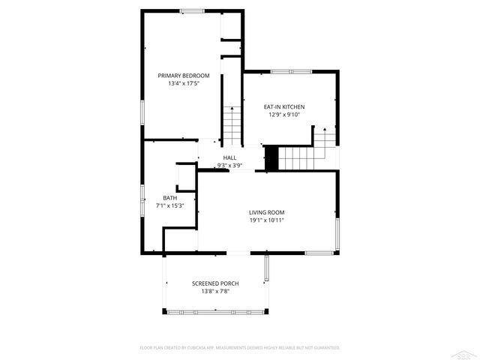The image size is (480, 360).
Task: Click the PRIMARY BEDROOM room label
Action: point(183,76)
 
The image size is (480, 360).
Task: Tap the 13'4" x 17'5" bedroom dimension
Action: point(183,84)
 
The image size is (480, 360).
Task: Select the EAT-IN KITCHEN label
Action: point(283,106)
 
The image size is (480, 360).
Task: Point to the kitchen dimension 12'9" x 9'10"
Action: point(283,115)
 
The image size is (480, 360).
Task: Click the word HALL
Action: point(229,157)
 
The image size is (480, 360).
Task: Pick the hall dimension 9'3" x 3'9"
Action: point(229,165)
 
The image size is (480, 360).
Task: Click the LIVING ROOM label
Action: point(267,212)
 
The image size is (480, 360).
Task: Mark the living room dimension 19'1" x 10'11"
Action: point(267,220)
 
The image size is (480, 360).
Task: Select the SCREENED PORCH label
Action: point(215,283)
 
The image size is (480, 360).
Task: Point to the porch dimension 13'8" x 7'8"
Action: point(215,291)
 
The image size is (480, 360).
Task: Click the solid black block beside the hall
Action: point(271,158)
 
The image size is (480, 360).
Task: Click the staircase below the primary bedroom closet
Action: point(232,124)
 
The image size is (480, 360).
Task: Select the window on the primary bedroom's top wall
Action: point(191,10)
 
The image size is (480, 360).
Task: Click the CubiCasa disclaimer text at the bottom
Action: point(240,348)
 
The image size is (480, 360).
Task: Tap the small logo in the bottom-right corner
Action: point(468,352)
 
